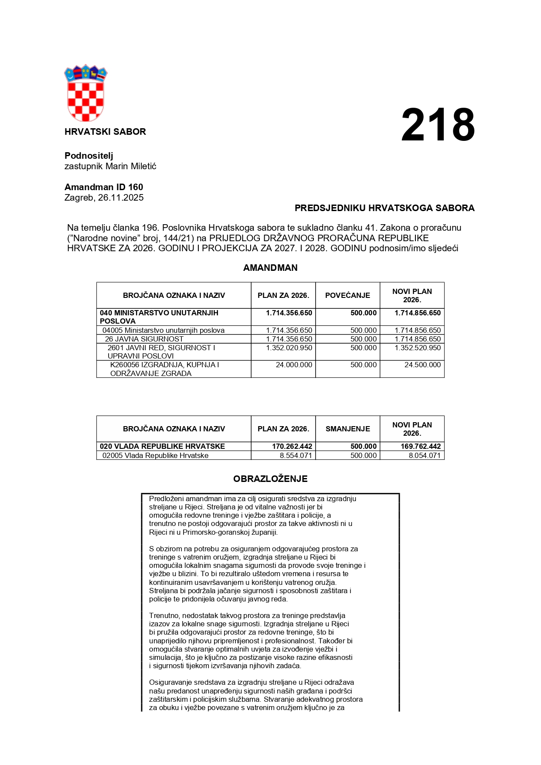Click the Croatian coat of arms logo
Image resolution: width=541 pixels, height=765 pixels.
tap(85, 93)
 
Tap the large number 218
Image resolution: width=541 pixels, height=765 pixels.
tap(438, 125)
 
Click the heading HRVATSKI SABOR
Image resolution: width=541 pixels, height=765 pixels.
tap(105, 132)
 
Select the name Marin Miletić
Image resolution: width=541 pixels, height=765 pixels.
tap(131, 166)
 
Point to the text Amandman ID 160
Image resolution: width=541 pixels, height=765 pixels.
tap(104, 187)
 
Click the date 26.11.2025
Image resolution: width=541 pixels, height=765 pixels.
tap(121, 198)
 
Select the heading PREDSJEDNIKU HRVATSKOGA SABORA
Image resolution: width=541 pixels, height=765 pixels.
tap(384, 208)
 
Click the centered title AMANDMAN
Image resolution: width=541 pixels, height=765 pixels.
tap(270, 268)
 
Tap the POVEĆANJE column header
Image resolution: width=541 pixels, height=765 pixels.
tap(347, 295)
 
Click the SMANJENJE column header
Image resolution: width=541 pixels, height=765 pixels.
tap(347, 429)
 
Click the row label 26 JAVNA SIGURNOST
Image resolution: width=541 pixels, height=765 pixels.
tap(144, 339)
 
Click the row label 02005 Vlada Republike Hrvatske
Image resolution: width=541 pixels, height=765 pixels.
tap(155, 455)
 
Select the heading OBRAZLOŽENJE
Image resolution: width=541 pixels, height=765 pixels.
tap(270, 479)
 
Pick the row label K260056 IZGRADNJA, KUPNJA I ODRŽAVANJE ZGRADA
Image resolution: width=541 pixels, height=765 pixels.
tap(164, 369)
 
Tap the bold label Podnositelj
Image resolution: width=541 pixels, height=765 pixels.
tap(88, 156)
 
